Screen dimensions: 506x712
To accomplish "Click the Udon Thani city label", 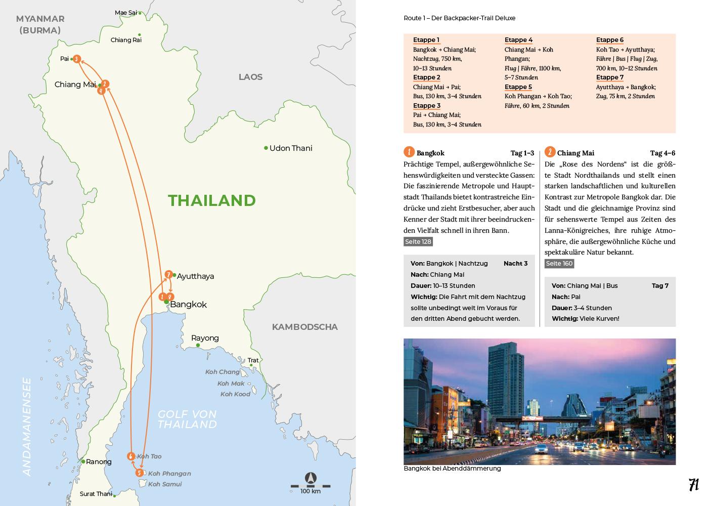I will [291, 148].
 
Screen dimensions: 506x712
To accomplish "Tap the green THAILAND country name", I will [212, 200].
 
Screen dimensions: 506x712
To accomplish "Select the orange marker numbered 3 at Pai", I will [76, 59].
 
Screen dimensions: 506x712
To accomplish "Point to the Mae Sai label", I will [126, 13].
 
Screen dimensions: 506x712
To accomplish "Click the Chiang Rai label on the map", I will [126, 40].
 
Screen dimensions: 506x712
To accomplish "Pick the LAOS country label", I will [250, 77].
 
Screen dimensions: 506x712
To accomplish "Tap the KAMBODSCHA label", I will [304, 327].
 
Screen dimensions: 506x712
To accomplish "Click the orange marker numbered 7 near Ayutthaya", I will [169, 274].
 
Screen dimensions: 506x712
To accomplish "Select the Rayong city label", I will [205, 338].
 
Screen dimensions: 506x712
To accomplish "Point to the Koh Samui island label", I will [165, 484].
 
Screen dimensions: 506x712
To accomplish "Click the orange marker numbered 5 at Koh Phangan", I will [140, 473].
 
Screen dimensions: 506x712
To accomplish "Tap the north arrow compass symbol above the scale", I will [310, 478].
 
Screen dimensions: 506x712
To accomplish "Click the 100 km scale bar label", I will [310, 491].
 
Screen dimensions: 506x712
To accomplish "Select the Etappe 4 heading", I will [518, 40].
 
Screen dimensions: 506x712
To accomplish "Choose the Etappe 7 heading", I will [610, 77].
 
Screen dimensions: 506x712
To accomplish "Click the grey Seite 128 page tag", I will [418, 242].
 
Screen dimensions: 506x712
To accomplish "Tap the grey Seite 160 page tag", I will [559, 264].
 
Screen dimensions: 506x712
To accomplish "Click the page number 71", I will [693, 485].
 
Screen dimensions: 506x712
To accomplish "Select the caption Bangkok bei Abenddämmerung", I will [452, 469].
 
